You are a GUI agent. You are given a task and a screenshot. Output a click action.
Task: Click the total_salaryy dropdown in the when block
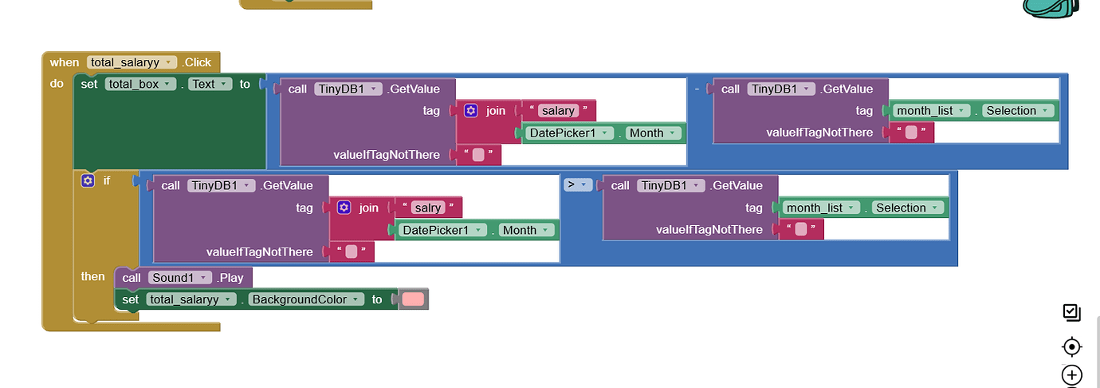(132, 62)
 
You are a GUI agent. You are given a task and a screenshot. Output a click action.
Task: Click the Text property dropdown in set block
(210, 84)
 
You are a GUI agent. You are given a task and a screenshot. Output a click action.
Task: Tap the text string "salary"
(557, 111)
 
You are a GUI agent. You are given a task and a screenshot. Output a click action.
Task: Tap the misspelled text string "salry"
(428, 208)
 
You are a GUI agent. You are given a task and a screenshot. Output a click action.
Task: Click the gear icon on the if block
(88, 180)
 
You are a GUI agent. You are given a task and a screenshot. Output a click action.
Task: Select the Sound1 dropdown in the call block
(179, 278)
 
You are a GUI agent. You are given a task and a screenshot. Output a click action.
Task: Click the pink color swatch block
(413, 299)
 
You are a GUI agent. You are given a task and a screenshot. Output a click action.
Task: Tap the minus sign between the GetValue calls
(697, 89)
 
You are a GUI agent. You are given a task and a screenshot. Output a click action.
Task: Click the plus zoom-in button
(1072, 374)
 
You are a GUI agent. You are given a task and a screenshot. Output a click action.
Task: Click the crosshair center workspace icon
(1072, 346)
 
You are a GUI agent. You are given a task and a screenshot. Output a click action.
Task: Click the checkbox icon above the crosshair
(1072, 313)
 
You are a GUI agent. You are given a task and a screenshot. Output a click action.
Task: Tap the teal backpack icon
(1050, 7)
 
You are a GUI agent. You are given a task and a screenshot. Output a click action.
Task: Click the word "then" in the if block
(92, 276)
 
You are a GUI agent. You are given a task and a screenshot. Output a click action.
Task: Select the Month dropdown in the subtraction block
(653, 133)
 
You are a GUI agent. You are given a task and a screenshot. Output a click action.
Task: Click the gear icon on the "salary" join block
(470, 111)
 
